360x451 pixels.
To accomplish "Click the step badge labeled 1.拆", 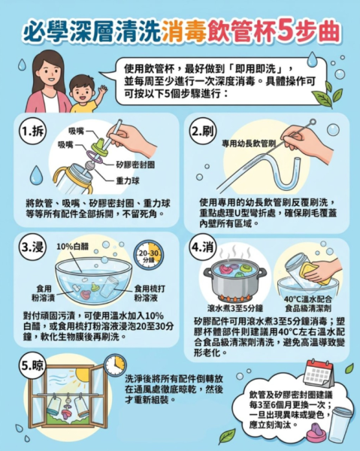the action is (32, 132).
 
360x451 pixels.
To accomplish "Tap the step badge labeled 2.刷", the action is (203, 132).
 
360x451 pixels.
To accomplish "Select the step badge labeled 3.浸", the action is (32, 247).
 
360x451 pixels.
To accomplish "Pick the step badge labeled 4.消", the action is (203, 247).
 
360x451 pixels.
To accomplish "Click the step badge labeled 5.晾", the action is (32, 366).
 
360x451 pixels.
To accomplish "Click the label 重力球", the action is (128, 181).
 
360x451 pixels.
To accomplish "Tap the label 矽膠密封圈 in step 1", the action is (135, 165).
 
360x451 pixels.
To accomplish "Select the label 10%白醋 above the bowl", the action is (72, 247).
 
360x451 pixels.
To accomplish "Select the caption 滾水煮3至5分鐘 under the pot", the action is (235, 308).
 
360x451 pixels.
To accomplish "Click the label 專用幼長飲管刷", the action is (249, 144).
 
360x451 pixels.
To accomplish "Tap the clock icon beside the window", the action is (115, 365).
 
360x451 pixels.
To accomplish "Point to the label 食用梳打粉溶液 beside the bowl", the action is (150, 293).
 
